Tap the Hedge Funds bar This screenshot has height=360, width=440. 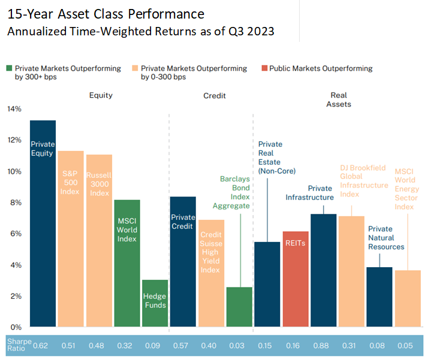tap(155, 303)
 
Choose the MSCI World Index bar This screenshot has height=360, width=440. tap(126, 263)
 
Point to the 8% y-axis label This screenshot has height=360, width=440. tap(15, 202)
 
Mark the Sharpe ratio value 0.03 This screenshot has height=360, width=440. tap(239, 345)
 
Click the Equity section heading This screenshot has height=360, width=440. tap(101, 95)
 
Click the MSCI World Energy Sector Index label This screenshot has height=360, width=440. tap(406, 189)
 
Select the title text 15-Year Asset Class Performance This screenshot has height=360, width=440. tap(106, 14)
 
